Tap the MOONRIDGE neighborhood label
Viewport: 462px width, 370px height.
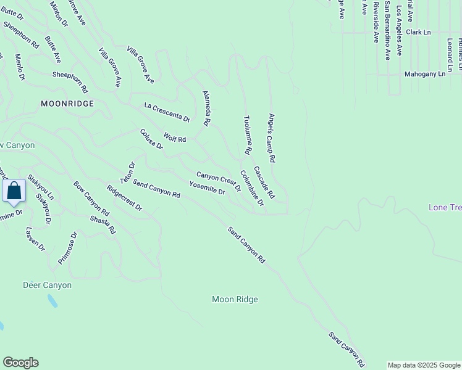coord(67,104)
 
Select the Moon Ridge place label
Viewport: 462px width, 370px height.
coord(235,300)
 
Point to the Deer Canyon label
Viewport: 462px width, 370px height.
coord(47,285)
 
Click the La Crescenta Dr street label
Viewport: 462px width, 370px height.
coord(167,112)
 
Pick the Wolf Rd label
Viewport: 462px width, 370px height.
coord(174,138)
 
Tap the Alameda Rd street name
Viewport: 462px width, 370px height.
coord(207,108)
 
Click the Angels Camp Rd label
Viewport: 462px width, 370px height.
coord(271,137)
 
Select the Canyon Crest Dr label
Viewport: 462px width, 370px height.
coord(218,180)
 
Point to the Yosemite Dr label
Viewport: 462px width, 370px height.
coord(206,188)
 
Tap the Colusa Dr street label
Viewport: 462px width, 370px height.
coord(151,139)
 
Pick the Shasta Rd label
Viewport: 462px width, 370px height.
coord(103,224)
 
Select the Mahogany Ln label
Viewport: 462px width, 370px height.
coord(425,74)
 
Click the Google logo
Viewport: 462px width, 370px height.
coord(20,363)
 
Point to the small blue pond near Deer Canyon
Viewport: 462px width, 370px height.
coord(52,301)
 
